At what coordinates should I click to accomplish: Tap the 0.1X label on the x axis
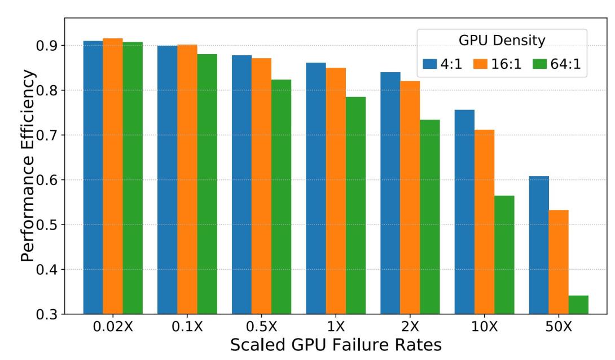187,327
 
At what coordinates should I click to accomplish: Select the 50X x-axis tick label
559,327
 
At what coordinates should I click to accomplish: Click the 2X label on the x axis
410,327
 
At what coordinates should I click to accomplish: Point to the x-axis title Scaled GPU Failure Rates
336,345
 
